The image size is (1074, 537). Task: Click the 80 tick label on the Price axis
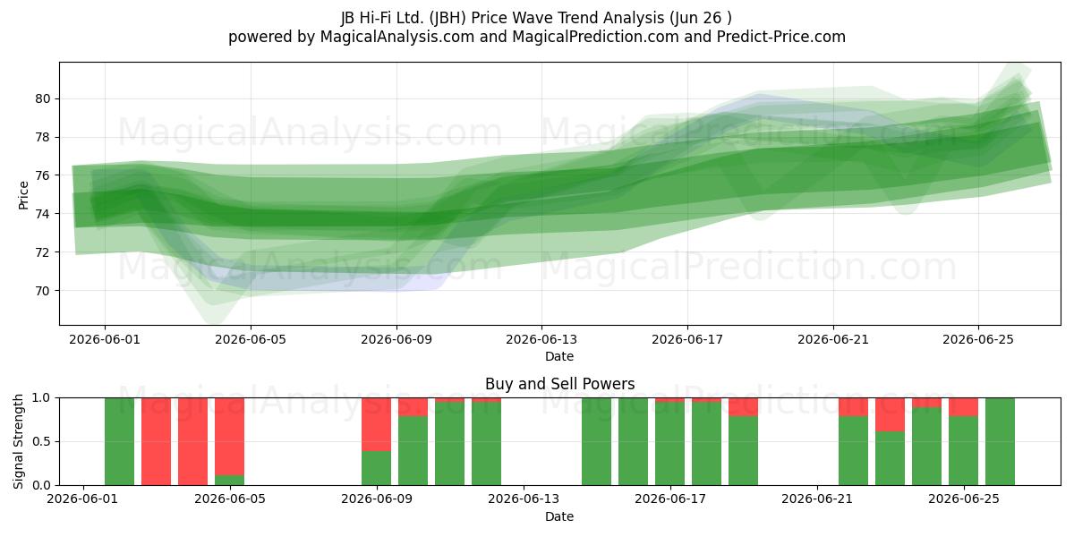(x=42, y=98)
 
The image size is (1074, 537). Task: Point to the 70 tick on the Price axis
(x=42, y=291)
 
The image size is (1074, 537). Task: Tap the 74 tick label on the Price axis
(x=42, y=214)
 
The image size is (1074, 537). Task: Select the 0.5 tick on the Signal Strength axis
(x=41, y=441)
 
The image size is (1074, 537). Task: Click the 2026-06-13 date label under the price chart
(x=541, y=339)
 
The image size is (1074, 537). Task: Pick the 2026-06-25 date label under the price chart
(x=978, y=339)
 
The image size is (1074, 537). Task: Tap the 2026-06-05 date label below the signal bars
(x=230, y=499)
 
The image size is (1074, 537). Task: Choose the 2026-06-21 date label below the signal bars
(x=817, y=499)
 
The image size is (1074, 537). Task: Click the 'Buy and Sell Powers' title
(x=559, y=384)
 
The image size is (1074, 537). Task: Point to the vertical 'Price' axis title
(x=23, y=195)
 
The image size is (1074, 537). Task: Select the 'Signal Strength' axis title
(x=18, y=441)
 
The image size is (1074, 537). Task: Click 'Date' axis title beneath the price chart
(x=559, y=356)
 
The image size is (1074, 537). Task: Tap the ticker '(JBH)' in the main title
(x=447, y=18)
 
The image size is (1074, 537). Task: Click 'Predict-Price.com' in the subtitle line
(x=781, y=37)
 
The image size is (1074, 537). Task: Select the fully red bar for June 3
(x=156, y=441)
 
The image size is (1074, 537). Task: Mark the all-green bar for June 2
(x=119, y=441)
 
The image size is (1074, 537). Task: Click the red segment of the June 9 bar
(x=377, y=424)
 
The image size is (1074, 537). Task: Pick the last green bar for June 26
(x=1001, y=441)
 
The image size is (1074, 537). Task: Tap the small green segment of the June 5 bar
(x=230, y=480)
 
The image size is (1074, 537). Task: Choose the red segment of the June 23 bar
(x=891, y=414)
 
